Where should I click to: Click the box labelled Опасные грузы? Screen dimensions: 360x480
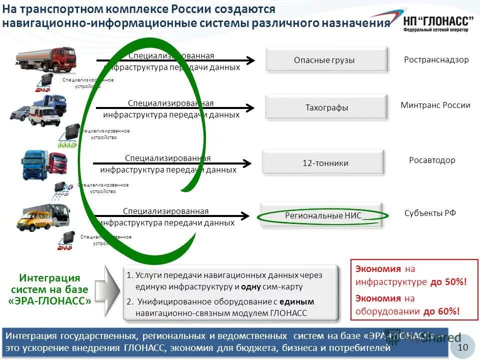tap(326, 60)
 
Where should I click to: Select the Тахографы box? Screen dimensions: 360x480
tap(326, 107)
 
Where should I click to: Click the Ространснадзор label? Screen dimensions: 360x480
tap(436, 60)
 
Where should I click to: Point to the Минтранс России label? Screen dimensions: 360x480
tap(435, 105)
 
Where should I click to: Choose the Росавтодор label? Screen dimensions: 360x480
tap(432, 160)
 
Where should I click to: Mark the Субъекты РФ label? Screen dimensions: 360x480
tap(430, 213)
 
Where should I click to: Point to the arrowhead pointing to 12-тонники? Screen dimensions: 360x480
tap(247, 163)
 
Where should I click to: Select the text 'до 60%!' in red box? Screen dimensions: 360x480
tap(441, 311)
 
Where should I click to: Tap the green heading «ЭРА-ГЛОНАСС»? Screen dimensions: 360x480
tap(50, 301)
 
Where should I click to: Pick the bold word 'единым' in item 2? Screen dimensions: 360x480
tap(297, 302)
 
